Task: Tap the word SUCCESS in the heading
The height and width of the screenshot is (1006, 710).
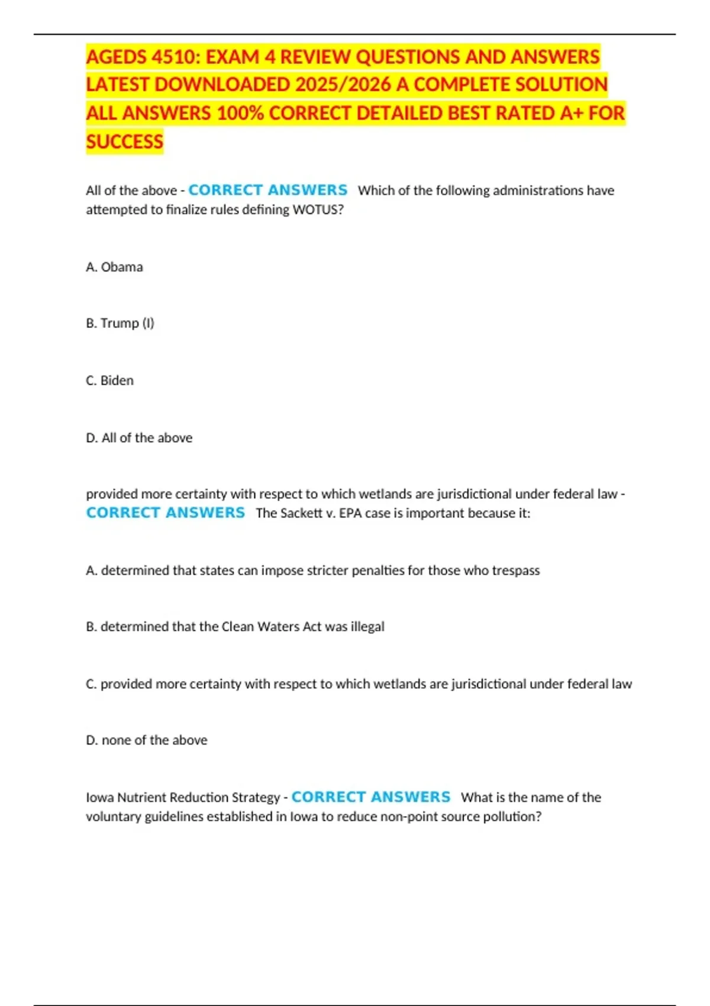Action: (124, 142)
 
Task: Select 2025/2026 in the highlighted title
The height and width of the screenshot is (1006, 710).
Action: (343, 85)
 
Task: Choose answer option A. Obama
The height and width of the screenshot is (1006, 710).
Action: (114, 267)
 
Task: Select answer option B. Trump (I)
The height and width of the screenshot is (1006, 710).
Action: (120, 323)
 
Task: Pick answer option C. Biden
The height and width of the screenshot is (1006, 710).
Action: (109, 381)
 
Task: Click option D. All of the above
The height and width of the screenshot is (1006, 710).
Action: (139, 438)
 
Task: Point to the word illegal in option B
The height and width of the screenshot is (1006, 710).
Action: (367, 627)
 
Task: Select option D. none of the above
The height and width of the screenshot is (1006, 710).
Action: (146, 740)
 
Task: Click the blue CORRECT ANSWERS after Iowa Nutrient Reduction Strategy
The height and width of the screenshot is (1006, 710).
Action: (371, 797)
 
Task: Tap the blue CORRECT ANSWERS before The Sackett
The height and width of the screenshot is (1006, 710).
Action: (166, 512)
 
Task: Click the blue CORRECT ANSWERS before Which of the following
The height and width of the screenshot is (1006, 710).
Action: (267, 190)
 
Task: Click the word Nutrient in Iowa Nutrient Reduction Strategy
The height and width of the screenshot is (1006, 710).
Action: (141, 798)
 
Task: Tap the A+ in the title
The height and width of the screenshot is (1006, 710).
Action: (571, 113)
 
